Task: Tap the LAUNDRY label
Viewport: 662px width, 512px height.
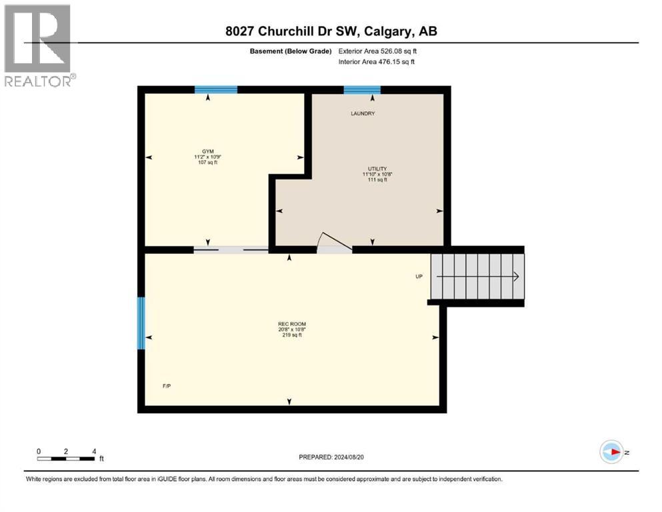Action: (x=363, y=113)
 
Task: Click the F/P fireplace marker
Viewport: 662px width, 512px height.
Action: (x=167, y=386)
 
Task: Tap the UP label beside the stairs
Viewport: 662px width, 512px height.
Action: (x=419, y=276)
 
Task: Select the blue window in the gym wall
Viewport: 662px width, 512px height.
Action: (x=216, y=90)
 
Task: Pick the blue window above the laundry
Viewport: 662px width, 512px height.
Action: (x=362, y=90)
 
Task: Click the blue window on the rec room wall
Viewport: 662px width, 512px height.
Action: (x=141, y=323)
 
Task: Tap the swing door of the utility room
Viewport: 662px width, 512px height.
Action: (x=334, y=244)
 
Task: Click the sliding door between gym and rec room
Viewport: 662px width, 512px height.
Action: (x=231, y=250)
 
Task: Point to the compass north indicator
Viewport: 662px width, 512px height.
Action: (x=611, y=452)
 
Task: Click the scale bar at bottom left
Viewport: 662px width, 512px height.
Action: (x=66, y=458)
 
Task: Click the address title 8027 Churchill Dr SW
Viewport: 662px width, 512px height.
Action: (x=331, y=31)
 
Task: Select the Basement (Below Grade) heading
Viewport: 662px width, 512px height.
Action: (x=296, y=51)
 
